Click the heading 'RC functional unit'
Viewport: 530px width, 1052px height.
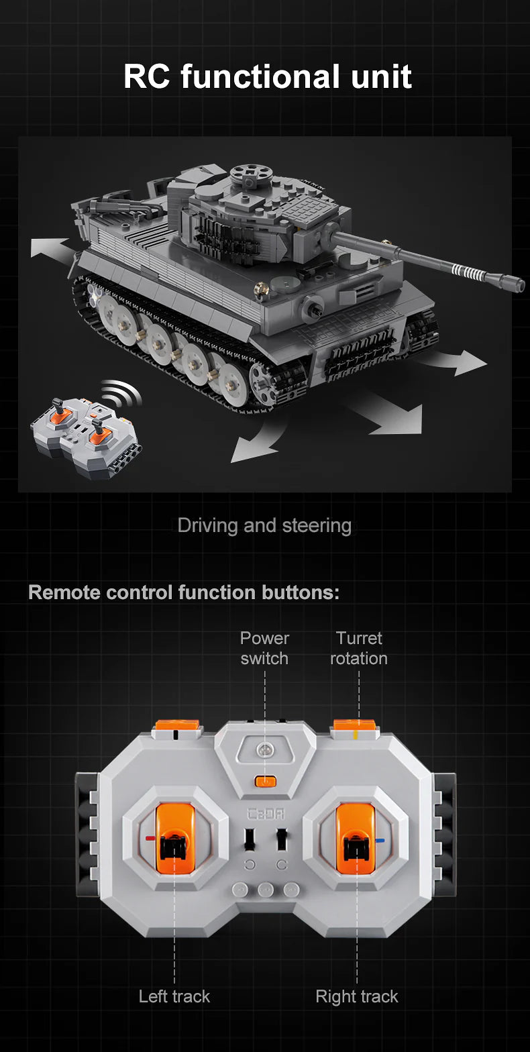267,76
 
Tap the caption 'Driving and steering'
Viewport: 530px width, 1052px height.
264,525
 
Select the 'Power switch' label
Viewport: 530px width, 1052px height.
264,648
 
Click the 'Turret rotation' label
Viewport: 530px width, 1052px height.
358,648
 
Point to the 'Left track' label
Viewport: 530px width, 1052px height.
174,996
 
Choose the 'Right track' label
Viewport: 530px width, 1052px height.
357,996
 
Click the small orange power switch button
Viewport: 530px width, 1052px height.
266,780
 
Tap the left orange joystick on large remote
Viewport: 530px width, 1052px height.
174,839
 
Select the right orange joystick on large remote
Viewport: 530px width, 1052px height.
356,839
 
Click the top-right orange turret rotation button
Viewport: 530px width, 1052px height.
356,726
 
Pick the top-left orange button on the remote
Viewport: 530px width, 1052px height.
177,726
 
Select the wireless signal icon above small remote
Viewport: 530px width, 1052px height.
122,394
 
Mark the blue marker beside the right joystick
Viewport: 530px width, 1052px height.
380,840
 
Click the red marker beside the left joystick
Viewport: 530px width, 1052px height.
150,839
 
